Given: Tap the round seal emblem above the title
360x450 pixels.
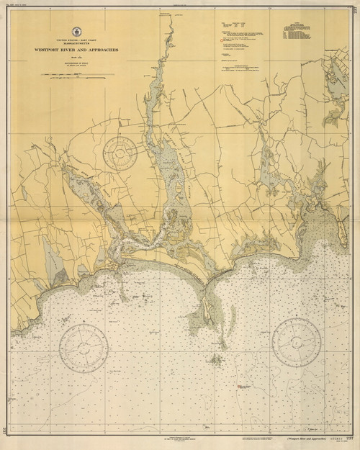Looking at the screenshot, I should (x=75, y=30).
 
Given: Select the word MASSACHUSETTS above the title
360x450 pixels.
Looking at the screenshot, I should (x=75, y=43).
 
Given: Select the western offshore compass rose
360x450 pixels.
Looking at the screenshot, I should (x=84, y=348).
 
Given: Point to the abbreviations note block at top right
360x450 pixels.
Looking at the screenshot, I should (x=295, y=35).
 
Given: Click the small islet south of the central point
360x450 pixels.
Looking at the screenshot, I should (x=215, y=358).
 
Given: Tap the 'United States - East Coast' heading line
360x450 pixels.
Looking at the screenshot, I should (x=75, y=39).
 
